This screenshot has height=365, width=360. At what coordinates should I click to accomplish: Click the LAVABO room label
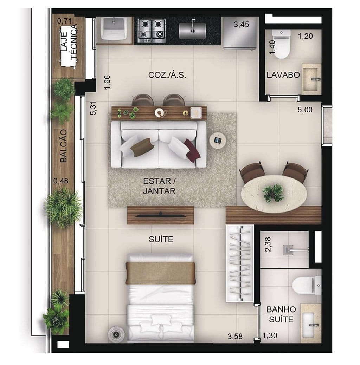tap(283, 75)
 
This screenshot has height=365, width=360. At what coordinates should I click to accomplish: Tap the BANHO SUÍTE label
tap(281, 314)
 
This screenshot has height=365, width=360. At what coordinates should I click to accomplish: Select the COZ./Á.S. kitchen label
tap(167, 75)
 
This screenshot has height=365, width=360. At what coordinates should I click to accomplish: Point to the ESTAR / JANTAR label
tap(159, 186)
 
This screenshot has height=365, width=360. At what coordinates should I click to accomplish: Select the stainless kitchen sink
tap(192, 30)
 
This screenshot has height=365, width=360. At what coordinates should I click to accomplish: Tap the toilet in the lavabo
tap(281, 44)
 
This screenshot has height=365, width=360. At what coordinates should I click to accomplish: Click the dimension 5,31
tap(93, 108)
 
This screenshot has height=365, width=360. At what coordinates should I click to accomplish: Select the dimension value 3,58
tap(235, 337)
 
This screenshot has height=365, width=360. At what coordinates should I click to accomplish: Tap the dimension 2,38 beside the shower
tap(268, 244)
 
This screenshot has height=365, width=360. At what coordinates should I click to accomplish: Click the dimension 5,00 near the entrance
tap(304, 110)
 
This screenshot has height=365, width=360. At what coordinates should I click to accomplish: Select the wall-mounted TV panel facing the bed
tap(160, 215)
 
